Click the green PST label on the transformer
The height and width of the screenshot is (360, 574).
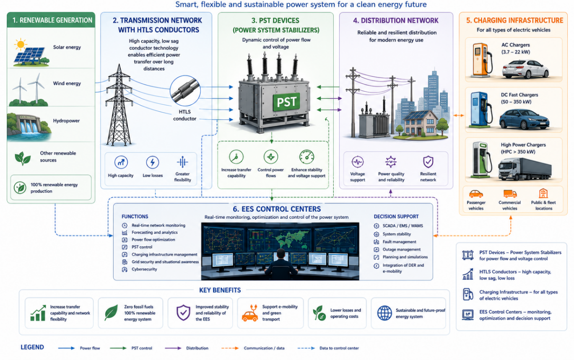tap(286, 102)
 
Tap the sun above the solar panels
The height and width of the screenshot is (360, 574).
tap(20, 44)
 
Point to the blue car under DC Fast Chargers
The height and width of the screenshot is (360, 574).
tap(524, 119)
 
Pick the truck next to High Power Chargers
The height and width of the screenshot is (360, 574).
tap(525, 169)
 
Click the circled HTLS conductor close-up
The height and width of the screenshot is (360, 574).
tap(185, 91)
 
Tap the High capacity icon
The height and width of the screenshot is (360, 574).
tap(121, 162)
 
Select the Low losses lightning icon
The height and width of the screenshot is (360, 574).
tap(153, 162)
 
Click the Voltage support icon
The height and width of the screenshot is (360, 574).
tap(358, 162)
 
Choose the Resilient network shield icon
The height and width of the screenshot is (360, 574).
tap(428, 162)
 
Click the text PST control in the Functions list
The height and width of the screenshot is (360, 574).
tap(142, 247)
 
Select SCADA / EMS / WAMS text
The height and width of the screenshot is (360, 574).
tap(403, 226)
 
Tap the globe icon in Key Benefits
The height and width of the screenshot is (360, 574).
tap(384, 313)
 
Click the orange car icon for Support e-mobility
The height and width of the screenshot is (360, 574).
tap(250, 313)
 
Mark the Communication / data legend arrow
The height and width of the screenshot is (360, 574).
tap(230, 348)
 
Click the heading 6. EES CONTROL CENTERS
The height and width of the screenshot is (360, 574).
tap(277, 209)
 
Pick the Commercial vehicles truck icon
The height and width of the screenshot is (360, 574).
tap(510, 194)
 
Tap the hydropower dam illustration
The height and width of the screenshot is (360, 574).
tap(29, 126)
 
